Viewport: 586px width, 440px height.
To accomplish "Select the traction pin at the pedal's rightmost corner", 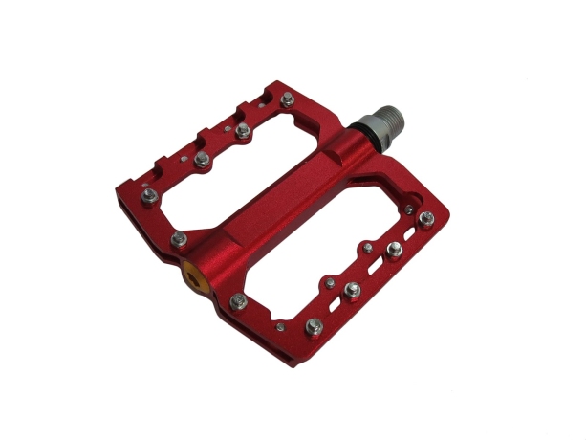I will coord(425,218).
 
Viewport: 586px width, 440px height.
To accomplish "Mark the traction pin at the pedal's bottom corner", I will coord(313,327).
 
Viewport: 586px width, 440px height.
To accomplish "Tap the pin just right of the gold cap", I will coord(238,302).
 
